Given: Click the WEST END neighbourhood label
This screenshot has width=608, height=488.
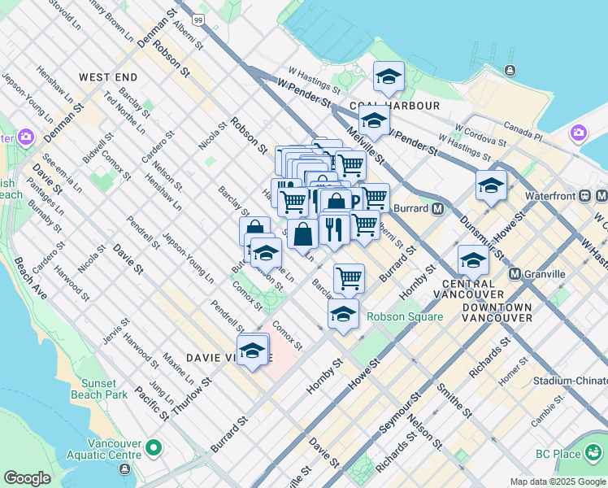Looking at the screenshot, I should pyautogui.click(x=107, y=76).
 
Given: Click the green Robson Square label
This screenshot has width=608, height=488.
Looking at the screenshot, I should pyautogui.click(x=404, y=317).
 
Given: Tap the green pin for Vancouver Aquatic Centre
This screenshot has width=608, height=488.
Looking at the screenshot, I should pyautogui.click(x=154, y=447).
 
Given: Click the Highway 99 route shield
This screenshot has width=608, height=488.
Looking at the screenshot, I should pyautogui.click(x=199, y=17).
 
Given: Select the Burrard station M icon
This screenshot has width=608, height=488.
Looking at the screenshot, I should pyautogui.click(x=437, y=208).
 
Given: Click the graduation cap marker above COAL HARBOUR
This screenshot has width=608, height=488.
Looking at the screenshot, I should pyautogui.click(x=389, y=77).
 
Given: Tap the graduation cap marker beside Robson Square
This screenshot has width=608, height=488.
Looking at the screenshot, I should pyautogui.click(x=343, y=313).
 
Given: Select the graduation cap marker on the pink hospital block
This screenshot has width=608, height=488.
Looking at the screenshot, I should pyautogui.click(x=253, y=351).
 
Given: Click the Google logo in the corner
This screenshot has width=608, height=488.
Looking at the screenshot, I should pyautogui.click(x=27, y=478).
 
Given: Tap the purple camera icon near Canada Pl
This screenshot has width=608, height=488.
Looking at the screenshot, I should pyautogui.click(x=579, y=133).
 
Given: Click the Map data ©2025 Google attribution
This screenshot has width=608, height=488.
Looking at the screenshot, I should pyautogui.click(x=558, y=481).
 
